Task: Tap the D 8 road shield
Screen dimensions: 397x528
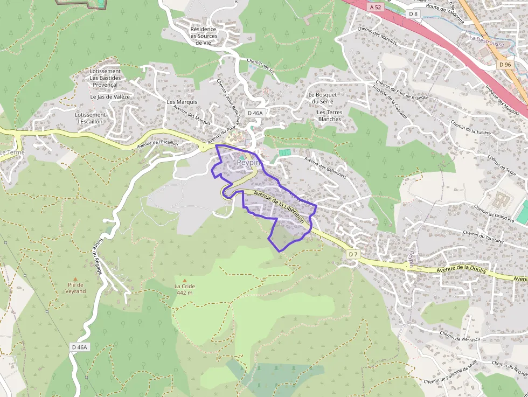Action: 413,13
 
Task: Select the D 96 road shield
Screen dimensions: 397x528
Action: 505,65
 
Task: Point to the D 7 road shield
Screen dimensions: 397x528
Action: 353,254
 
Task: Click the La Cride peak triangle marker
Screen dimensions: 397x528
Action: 184,280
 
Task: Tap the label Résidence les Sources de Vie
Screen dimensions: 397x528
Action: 203,36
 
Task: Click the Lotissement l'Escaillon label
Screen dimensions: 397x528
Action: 91,118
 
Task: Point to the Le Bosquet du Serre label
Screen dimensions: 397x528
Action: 323,98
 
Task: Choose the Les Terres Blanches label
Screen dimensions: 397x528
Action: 329,116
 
